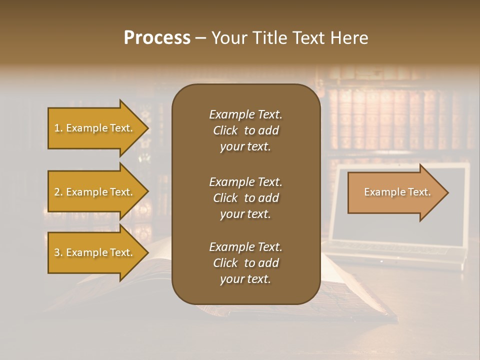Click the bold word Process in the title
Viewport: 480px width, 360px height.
point(157,38)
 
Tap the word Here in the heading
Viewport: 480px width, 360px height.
point(349,38)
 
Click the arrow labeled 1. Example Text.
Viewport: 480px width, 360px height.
point(95,128)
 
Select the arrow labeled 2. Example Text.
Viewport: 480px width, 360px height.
point(95,192)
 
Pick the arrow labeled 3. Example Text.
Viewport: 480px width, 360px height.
point(95,252)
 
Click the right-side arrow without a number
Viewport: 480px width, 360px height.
point(395,192)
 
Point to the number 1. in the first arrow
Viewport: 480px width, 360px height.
point(58,128)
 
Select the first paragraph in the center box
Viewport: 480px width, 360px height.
point(245,130)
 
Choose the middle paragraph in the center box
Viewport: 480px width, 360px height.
point(245,198)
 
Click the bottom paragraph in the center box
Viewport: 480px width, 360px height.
point(245,263)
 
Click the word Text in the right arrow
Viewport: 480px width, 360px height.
point(419,192)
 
